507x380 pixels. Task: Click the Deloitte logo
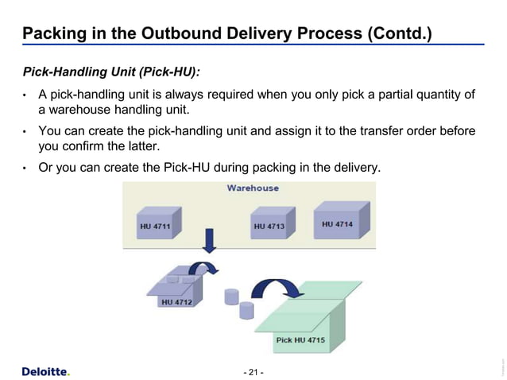point(45,371)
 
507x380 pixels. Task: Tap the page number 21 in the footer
point(253,372)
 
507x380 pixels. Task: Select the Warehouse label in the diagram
point(253,188)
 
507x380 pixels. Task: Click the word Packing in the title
point(52,34)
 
